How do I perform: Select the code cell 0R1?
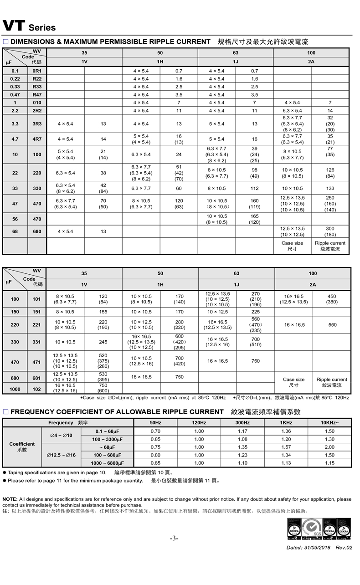click(x=37, y=71)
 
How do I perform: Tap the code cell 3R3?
click(x=37, y=123)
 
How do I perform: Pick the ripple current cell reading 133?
click(x=330, y=188)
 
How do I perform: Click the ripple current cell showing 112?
click(x=254, y=188)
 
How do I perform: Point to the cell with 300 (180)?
click(x=330, y=231)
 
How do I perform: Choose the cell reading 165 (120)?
click(x=254, y=219)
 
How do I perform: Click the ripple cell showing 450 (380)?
click(x=332, y=299)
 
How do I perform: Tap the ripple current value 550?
click(x=332, y=325)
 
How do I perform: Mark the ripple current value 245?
click(x=103, y=342)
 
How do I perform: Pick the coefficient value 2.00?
click(x=329, y=447)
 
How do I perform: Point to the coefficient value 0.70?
click(x=155, y=431)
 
